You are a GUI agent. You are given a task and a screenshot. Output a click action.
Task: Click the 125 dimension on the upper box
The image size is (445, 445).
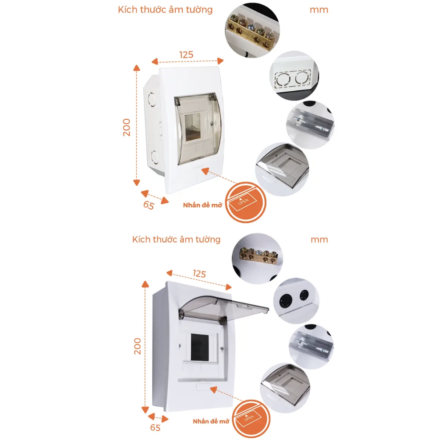186,55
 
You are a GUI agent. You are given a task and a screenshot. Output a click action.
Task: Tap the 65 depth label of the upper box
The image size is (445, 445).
148,205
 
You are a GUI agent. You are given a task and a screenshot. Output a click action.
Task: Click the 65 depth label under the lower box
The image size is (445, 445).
155,428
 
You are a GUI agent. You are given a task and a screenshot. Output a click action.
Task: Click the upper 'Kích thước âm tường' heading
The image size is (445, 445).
165,10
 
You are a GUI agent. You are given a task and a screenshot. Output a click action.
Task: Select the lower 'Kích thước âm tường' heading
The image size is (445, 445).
176,239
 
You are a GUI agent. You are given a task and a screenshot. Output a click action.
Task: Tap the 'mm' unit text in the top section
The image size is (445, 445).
319,10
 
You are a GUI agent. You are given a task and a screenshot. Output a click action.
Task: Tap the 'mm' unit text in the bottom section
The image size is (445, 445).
319,239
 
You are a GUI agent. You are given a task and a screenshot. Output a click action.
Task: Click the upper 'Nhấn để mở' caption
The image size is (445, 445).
202,205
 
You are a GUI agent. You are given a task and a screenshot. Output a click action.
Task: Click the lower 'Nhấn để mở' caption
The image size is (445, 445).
211,421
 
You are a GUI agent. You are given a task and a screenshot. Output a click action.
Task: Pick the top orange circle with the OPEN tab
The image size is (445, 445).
245,202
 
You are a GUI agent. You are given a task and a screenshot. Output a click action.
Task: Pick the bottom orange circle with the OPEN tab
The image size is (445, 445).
251,418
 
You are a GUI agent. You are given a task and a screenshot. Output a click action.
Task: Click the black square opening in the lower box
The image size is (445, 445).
199,347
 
